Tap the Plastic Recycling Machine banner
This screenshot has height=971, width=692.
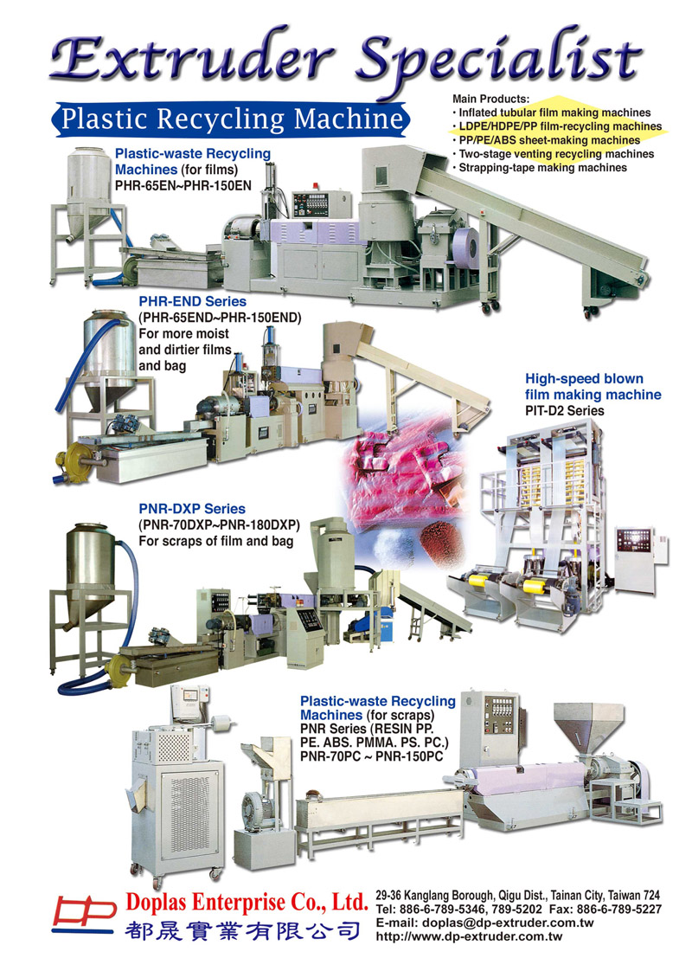pyautogui.click(x=230, y=119)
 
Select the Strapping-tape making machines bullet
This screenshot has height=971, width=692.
pyautogui.click(x=540, y=168)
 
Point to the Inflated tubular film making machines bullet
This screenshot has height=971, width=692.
pyautogui.click(x=552, y=113)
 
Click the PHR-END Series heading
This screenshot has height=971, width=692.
pyautogui.click(x=193, y=301)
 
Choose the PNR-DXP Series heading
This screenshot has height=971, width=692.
pyautogui.click(x=192, y=509)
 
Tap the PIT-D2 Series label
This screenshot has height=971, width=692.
pyautogui.click(x=565, y=410)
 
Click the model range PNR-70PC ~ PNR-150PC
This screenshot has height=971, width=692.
pyautogui.click(x=371, y=756)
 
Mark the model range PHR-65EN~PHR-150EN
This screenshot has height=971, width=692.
pyautogui.click(x=183, y=185)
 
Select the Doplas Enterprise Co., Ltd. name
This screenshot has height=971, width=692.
pyautogui.click(x=247, y=902)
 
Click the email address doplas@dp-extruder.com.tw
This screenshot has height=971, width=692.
pyautogui.click(x=508, y=923)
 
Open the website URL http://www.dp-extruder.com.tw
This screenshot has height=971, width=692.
pyautogui.click(x=469, y=936)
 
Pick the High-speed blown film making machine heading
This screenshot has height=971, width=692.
pyautogui.click(x=593, y=387)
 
